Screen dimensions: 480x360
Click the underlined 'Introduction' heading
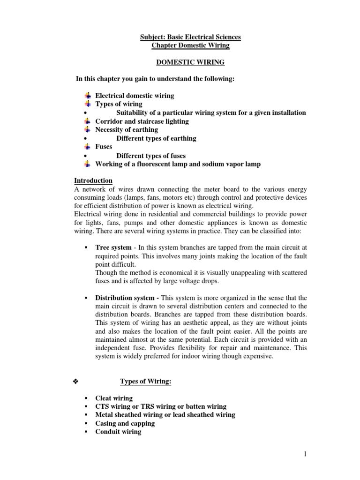tap(93, 180)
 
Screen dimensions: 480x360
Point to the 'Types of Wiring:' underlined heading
tap(146, 382)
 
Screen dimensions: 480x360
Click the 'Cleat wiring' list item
tap(114, 398)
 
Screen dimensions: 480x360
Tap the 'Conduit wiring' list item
tap(118, 432)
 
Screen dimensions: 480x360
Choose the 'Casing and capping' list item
tap(125, 423)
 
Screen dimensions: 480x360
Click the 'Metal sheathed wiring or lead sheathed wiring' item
tap(165, 415)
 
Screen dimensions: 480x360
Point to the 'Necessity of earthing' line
tap(127, 130)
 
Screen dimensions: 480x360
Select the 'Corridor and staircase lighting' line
tap(142, 121)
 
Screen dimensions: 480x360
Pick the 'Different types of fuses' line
tap(151, 156)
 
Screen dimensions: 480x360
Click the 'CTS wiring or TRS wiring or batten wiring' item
tap(161, 406)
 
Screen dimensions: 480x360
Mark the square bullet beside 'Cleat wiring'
tap(86, 398)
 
